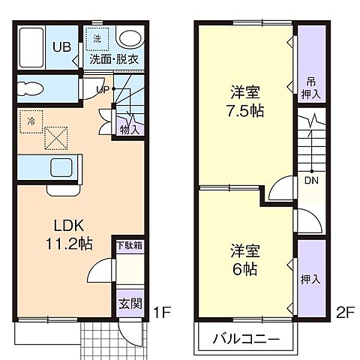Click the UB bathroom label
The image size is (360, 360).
point(61,46)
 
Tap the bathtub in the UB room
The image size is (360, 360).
point(31,46)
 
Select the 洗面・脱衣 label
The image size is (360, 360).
point(114,58)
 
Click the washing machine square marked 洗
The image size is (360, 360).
point(97,37)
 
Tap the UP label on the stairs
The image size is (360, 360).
point(103,90)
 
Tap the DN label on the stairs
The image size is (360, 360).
point(309,179)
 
